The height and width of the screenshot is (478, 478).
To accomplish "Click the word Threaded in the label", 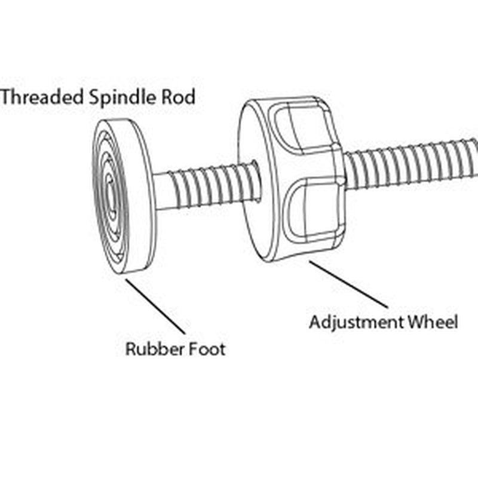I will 42,97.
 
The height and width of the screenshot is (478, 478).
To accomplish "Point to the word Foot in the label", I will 204,348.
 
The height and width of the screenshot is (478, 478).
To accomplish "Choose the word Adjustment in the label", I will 356,323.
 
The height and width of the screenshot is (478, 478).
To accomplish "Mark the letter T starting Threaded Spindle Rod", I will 8,97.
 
